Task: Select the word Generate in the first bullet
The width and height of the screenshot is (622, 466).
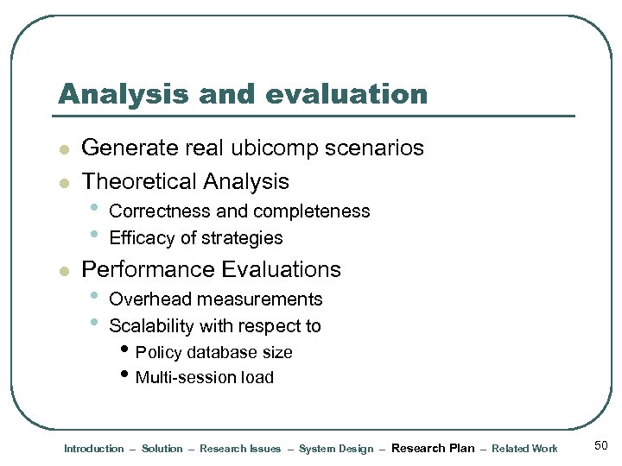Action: pos(130,148)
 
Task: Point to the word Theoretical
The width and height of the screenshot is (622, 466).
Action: pos(139,181)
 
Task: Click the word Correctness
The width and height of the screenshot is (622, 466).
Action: pos(159,211)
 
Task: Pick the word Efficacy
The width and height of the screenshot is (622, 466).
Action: pos(141,238)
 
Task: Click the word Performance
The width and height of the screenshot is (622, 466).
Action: pos(148,269)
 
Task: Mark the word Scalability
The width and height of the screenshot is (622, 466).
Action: pos(151,326)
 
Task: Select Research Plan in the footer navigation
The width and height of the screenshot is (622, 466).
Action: pos(433,448)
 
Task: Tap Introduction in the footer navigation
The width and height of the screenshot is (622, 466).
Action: pos(94,449)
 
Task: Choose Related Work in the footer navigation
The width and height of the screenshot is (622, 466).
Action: pos(524,449)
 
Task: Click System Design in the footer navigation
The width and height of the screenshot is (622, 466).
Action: pos(336,449)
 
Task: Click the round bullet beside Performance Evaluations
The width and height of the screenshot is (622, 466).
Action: pos(62,271)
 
